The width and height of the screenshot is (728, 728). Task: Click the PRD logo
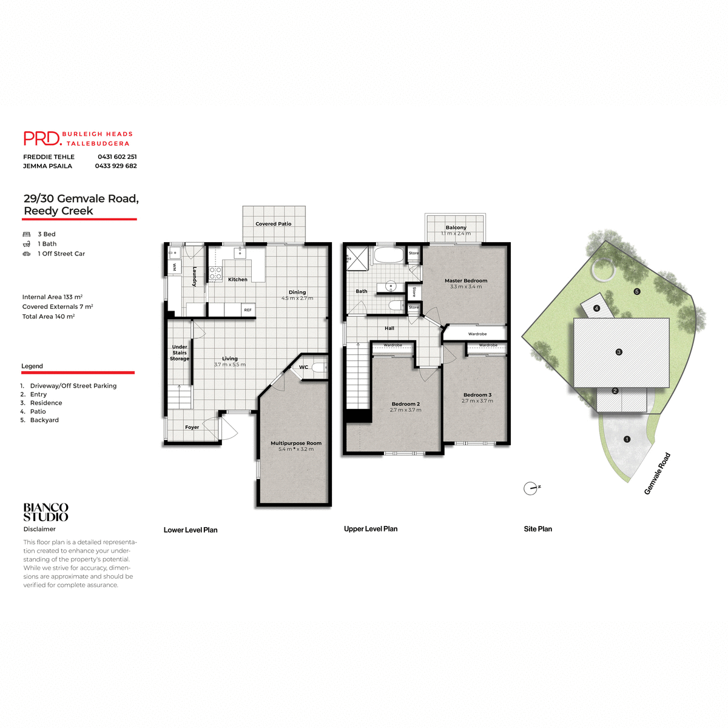click(x=42, y=138)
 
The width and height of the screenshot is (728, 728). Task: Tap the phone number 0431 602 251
click(x=117, y=157)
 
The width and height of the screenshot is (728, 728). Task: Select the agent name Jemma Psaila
click(x=47, y=166)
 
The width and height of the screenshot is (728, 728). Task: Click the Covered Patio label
click(x=273, y=224)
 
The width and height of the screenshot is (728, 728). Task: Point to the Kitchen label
click(x=238, y=280)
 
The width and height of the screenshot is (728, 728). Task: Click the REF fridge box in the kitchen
click(x=248, y=310)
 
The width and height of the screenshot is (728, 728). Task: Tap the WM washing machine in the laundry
click(x=174, y=266)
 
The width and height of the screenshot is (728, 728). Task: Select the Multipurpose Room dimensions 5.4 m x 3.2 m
click(x=296, y=449)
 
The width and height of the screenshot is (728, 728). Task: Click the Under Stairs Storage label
click(x=180, y=352)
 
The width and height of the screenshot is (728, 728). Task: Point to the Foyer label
click(x=192, y=427)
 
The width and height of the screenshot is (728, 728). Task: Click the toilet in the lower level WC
click(x=319, y=367)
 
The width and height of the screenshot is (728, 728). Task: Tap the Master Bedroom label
click(x=466, y=280)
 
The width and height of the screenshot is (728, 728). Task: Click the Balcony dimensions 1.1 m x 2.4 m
click(x=456, y=234)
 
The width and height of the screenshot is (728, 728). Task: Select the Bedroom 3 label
click(x=477, y=395)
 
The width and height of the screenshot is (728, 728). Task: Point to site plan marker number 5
click(x=637, y=291)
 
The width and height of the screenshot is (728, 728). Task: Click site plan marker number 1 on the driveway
click(x=627, y=439)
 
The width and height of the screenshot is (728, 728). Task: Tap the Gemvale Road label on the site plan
click(x=657, y=474)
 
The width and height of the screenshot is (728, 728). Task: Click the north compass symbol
click(x=531, y=488)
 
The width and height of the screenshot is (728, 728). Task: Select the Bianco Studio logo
click(x=46, y=513)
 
